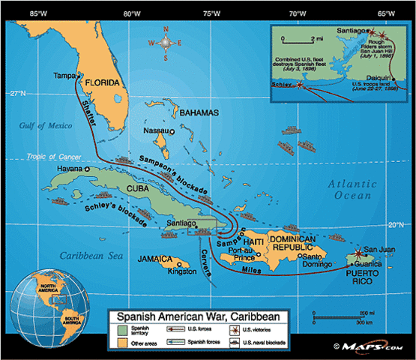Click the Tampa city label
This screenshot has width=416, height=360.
click(x=64, y=75)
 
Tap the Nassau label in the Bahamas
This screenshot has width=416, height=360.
click(x=154, y=130)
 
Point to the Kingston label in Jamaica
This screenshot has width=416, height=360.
click(x=182, y=271)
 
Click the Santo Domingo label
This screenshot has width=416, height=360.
click(x=316, y=260)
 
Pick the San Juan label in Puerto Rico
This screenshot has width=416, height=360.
click(x=378, y=250)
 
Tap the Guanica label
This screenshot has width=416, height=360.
click(x=379, y=265)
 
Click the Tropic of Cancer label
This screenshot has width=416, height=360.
click(x=52, y=157)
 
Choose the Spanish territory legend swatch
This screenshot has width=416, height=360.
click(x=122, y=331)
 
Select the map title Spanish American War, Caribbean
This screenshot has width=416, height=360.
click(x=198, y=317)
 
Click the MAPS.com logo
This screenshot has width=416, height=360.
click(x=372, y=346)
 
